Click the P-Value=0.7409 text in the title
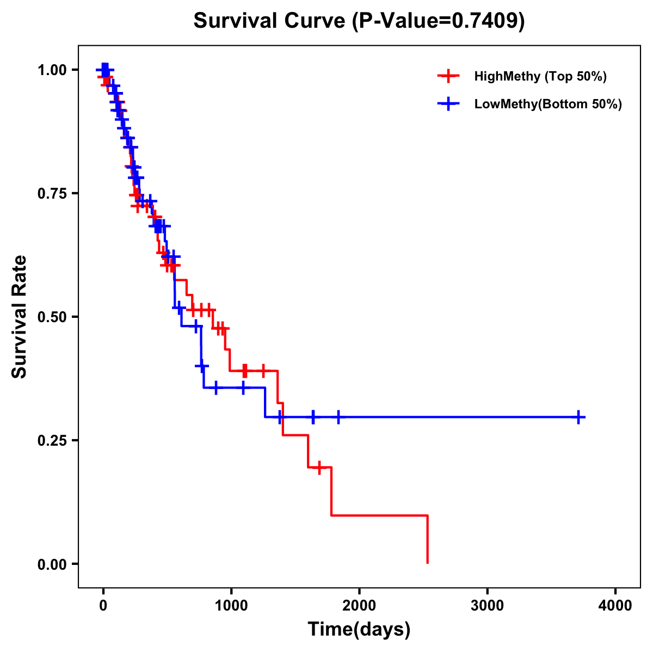point(439,21)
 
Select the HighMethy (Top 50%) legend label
point(540,76)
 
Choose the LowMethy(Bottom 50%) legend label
point(547,104)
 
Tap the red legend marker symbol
point(448,76)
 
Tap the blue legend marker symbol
point(448,104)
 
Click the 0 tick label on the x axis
point(103,606)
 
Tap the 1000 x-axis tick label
point(231,606)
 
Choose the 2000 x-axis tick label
point(359,606)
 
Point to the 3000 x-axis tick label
point(487,606)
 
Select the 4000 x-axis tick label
point(615,606)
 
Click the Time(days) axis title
point(359,630)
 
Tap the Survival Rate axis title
point(20,317)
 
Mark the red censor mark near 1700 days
point(319,467)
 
